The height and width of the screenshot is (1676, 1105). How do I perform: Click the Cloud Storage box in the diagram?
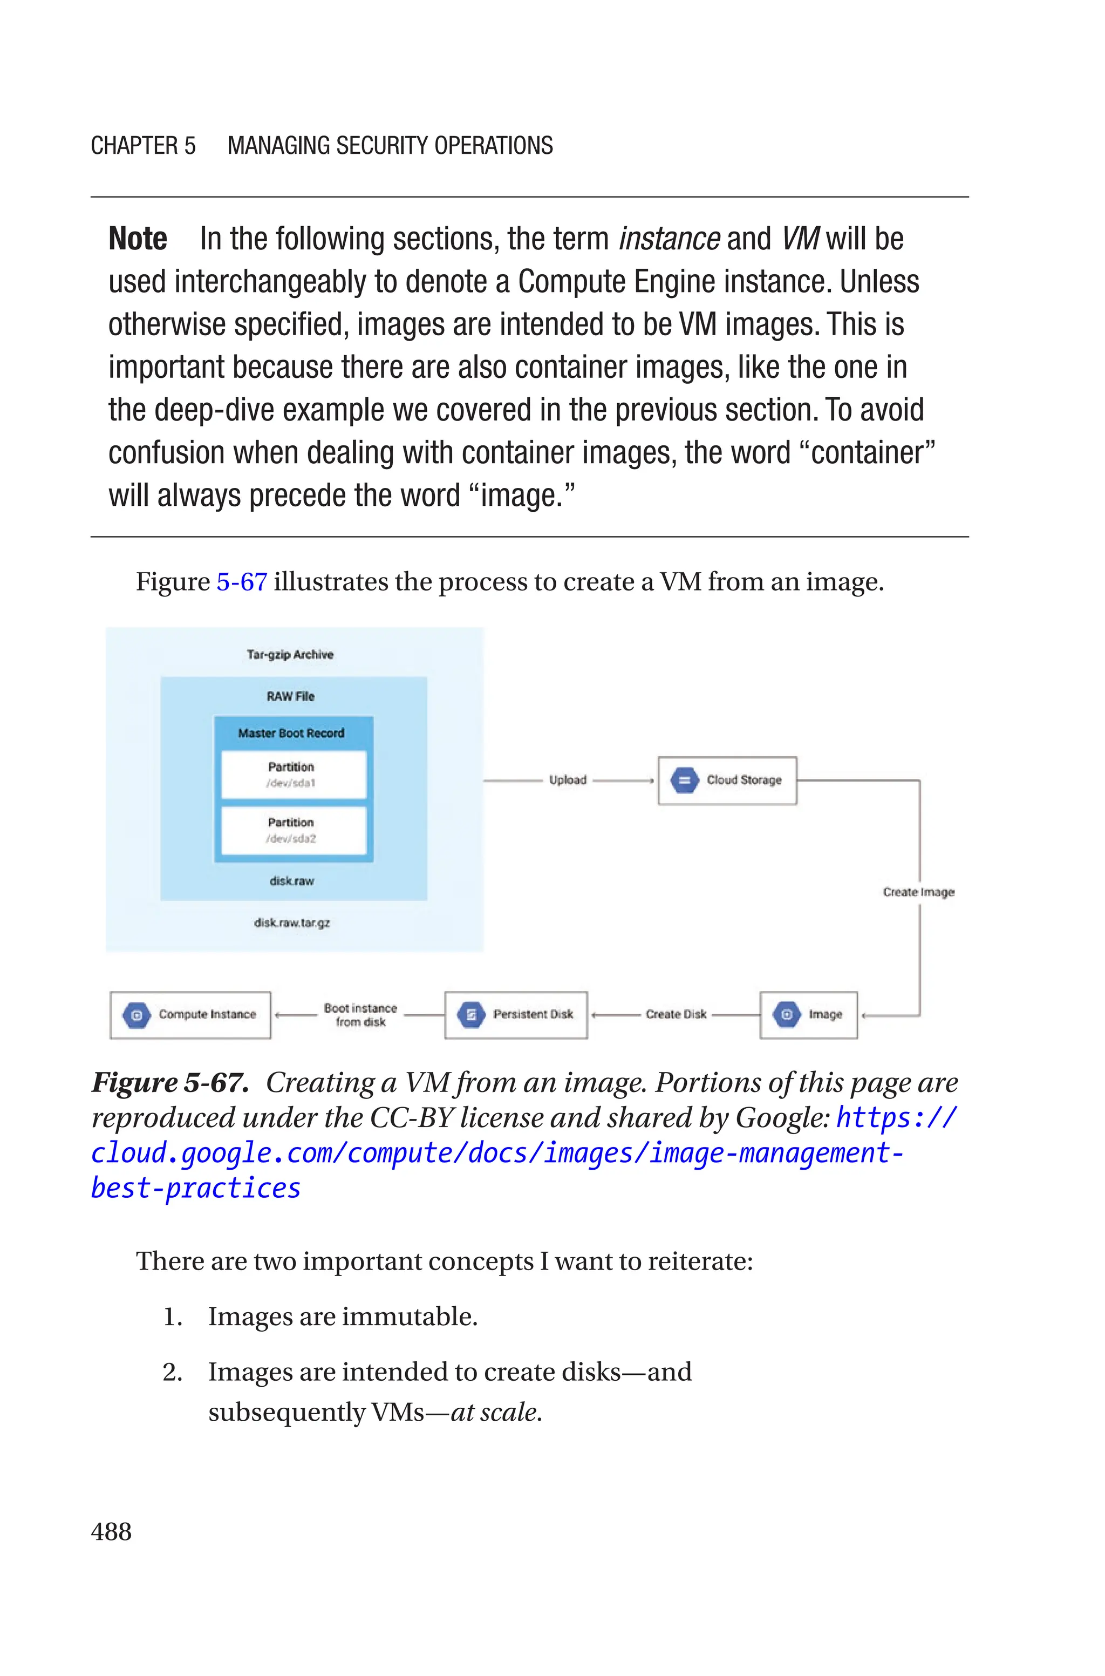click(727, 780)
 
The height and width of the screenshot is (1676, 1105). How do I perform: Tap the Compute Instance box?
click(190, 1015)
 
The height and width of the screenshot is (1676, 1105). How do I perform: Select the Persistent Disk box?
click(516, 1015)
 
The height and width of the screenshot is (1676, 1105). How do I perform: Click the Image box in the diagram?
click(808, 1015)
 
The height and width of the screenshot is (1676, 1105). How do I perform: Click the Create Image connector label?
click(918, 892)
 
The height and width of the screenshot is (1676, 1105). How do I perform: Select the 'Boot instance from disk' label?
click(360, 1015)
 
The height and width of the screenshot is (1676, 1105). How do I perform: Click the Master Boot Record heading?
click(291, 734)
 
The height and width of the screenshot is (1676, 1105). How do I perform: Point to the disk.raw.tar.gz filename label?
click(292, 923)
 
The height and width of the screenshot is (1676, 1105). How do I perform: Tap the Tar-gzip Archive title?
click(290, 655)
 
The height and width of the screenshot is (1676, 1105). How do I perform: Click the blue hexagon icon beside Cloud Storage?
click(684, 780)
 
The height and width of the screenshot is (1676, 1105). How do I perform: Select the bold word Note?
click(138, 239)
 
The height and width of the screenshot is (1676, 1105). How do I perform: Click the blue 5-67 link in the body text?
click(241, 582)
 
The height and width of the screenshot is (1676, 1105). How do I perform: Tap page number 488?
click(111, 1531)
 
